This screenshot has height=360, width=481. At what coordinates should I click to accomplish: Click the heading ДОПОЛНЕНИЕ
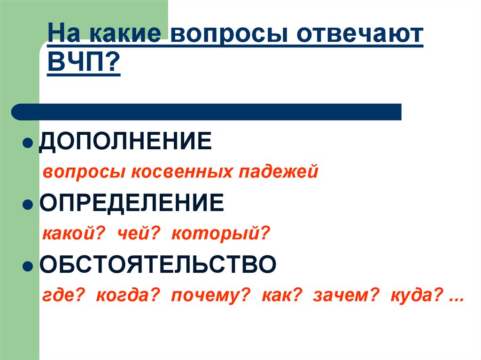[125, 141]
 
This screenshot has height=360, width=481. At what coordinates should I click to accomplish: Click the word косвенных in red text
[182, 172]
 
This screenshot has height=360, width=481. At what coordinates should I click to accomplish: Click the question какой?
[73, 233]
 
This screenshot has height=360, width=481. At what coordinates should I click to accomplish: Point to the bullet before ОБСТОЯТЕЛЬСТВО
[27, 266]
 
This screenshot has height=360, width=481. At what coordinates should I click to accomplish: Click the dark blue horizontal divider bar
[207, 112]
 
